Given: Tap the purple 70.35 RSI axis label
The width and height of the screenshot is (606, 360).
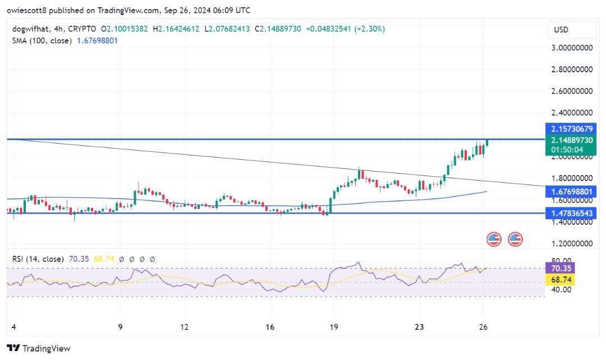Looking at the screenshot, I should (562, 269).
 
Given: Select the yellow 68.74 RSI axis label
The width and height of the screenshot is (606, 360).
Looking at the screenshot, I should (562, 279).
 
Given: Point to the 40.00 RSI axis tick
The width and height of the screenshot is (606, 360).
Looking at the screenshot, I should (561, 289).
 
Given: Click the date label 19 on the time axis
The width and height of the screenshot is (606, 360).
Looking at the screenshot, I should (333, 327).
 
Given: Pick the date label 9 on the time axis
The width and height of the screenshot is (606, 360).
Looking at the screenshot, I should (121, 327).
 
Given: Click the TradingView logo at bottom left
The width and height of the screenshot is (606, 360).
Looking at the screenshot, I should (39, 348).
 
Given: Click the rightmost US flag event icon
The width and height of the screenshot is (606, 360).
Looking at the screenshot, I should (515, 239).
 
